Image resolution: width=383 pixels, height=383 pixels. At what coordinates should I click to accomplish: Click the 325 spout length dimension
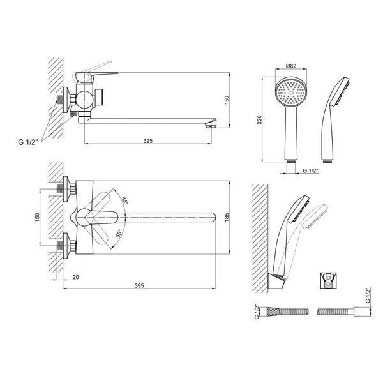pyautogui.click(x=148, y=141)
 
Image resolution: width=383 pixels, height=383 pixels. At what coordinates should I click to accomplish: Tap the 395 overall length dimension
pyautogui.click(x=139, y=285)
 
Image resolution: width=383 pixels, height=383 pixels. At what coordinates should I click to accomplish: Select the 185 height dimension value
pyautogui.click(x=227, y=218)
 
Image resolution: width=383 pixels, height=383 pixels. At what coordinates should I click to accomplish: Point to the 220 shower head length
pyautogui.click(x=259, y=120)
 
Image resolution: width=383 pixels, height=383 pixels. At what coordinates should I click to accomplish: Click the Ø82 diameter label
pyautogui.click(x=291, y=66)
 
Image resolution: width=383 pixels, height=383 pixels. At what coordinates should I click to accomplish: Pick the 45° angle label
pyautogui.click(x=125, y=200)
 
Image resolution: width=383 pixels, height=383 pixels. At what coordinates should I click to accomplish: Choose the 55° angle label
pyautogui.click(x=119, y=234)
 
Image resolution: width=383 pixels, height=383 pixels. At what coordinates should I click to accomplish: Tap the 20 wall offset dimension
pyautogui.click(x=76, y=277)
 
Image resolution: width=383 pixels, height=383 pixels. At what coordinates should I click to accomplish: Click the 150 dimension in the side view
pyautogui.click(x=227, y=100)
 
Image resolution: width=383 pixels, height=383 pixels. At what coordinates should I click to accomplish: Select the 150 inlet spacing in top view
pyautogui.click(x=37, y=218)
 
